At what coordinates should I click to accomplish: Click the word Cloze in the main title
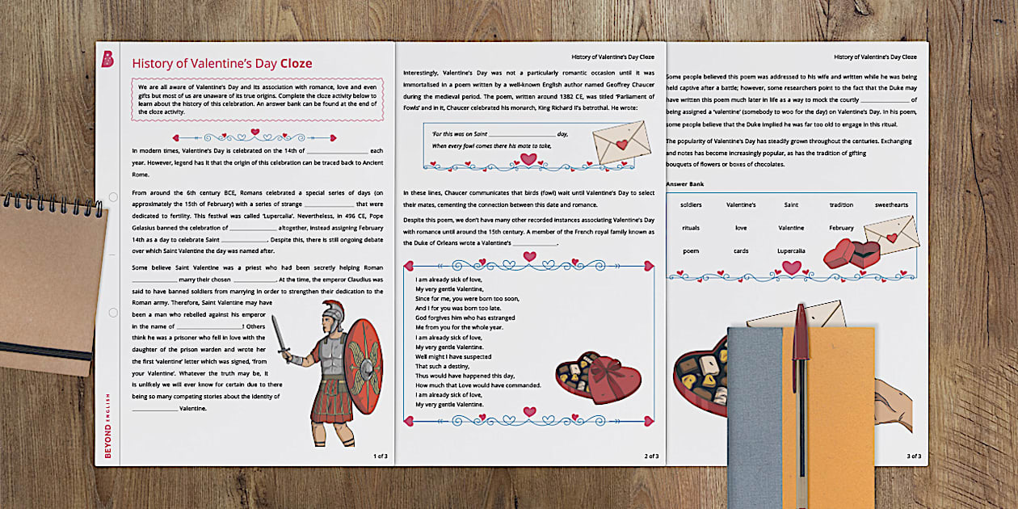coord(296,64)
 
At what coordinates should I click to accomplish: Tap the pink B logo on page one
coord(108,59)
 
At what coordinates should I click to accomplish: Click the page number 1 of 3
coord(380,456)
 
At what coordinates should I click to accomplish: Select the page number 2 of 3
coord(651,456)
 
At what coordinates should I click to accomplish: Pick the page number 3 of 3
coord(914,456)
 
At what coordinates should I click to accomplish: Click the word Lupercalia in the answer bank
coord(791,251)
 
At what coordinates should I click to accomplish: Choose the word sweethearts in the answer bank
coord(891,205)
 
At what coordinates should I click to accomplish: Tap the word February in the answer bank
coord(841,228)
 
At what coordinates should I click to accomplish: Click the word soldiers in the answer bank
coord(691,205)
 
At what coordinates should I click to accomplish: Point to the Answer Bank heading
coord(684,184)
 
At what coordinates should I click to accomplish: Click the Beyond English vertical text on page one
coord(108,424)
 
